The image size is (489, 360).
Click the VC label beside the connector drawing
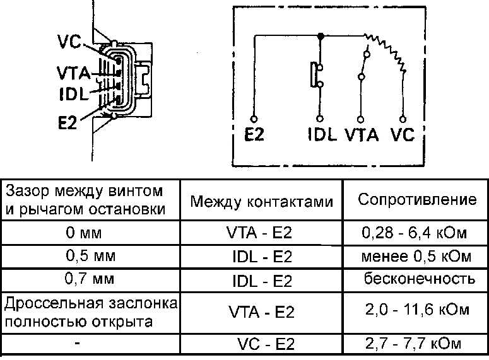[68, 42]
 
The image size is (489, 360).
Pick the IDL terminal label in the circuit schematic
[322, 135]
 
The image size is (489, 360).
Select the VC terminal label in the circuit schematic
[403, 135]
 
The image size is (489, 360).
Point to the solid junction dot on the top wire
[320, 36]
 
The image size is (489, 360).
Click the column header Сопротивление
[417, 200]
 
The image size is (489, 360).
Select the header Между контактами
[261, 202]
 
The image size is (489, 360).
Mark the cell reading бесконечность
[418, 278]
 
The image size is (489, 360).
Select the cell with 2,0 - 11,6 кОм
[417, 310]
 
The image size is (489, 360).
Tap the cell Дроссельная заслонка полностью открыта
[90, 311]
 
